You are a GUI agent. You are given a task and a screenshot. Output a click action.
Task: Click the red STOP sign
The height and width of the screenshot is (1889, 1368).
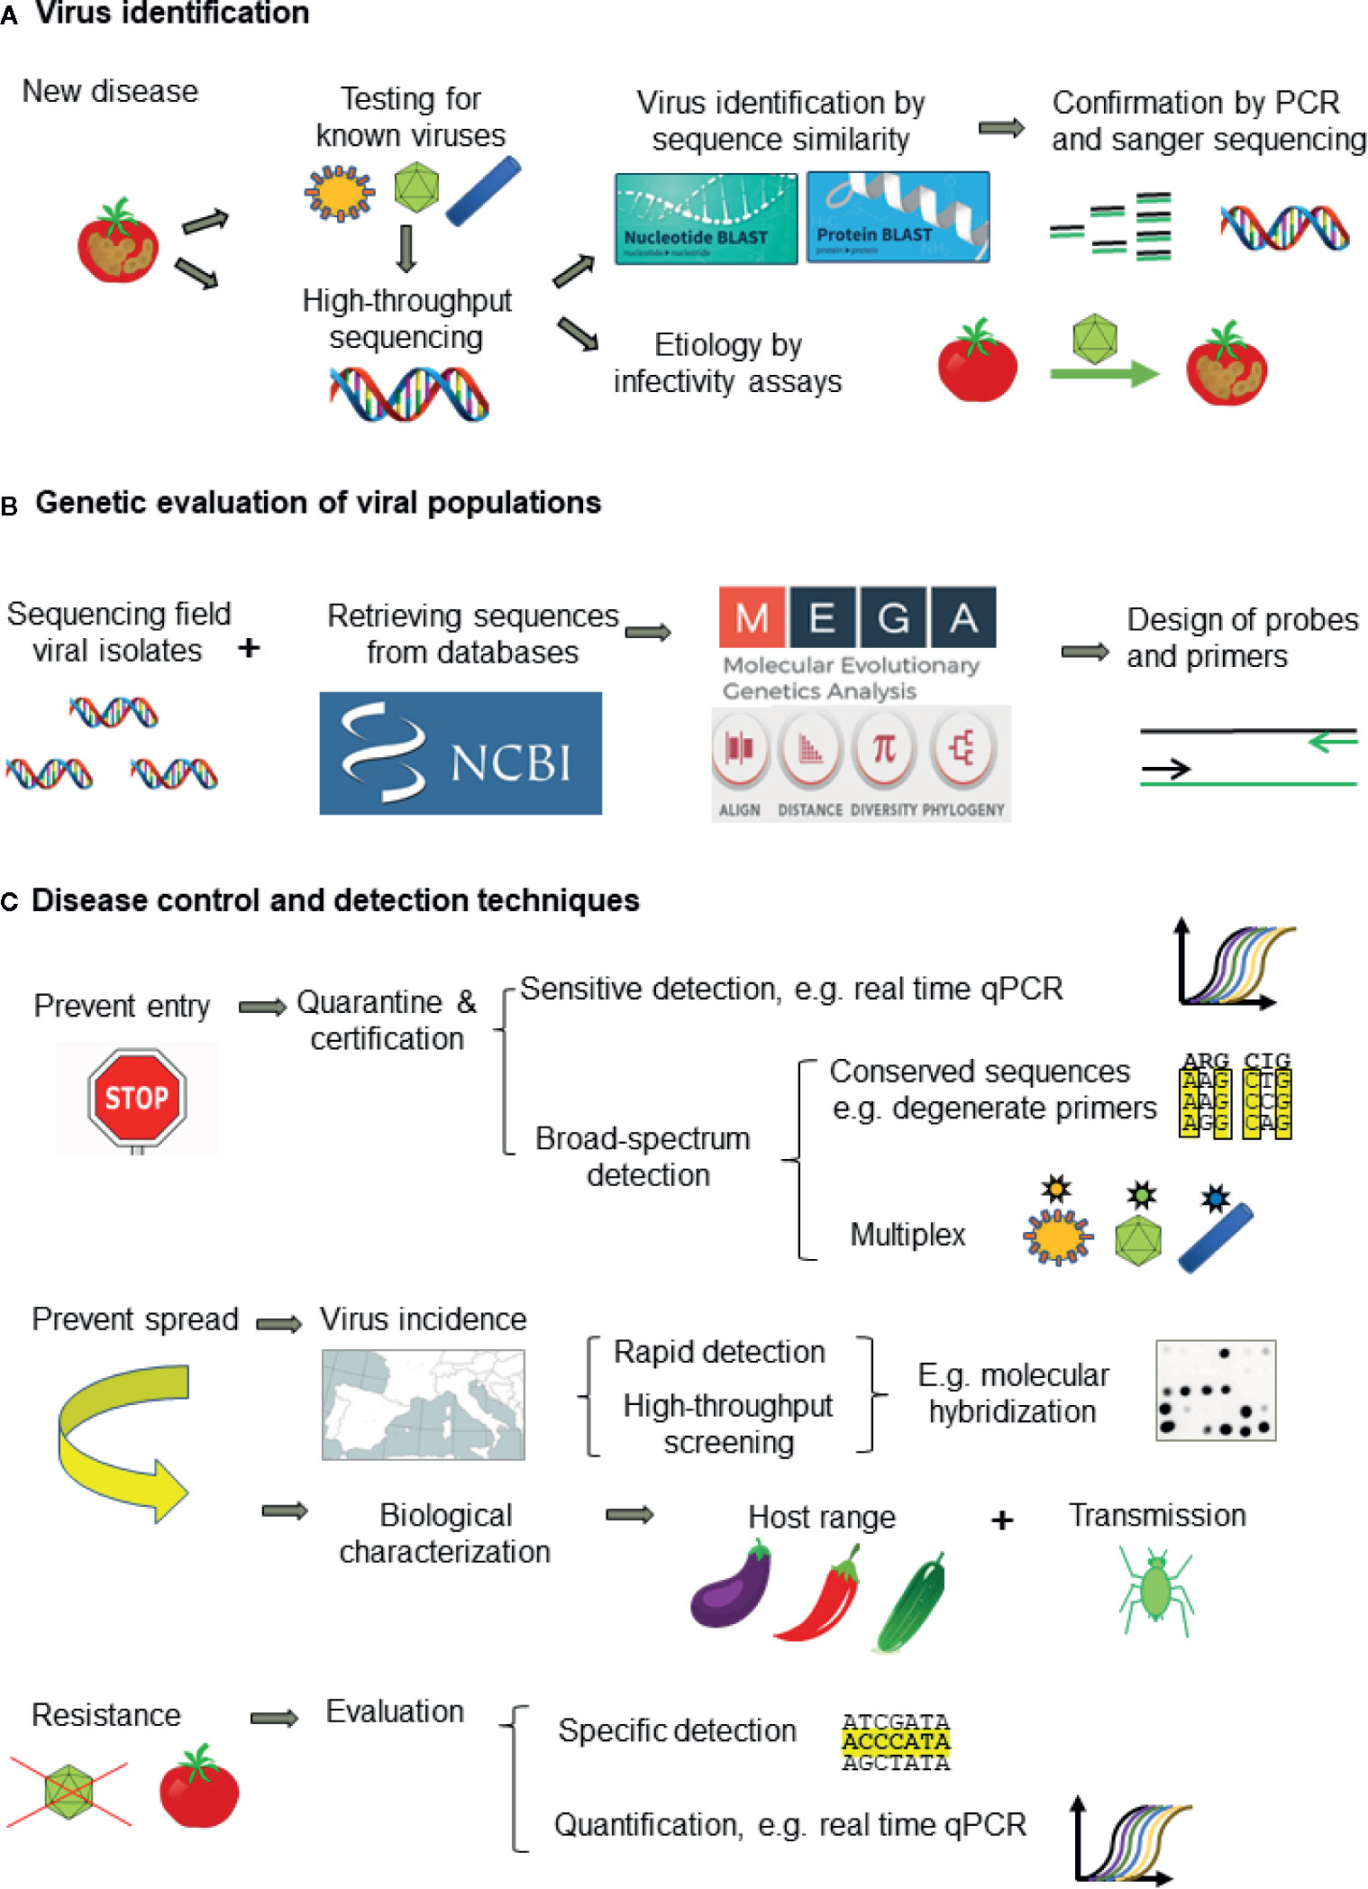click(137, 1097)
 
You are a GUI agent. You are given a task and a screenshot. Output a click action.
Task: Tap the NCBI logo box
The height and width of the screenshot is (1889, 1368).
click(461, 753)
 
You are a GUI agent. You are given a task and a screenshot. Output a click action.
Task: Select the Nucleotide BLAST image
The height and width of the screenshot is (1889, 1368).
click(706, 219)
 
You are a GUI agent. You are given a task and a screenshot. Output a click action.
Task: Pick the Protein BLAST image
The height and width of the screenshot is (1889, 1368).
click(898, 217)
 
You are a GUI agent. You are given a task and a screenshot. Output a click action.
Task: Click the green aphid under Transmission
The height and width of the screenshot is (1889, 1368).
click(1156, 1590)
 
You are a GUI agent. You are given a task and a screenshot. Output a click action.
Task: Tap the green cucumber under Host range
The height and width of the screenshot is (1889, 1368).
click(911, 1602)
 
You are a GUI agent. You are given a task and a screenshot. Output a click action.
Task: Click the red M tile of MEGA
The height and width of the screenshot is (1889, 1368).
click(752, 618)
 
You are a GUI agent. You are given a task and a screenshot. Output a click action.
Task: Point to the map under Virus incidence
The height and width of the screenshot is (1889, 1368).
click(423, 1404)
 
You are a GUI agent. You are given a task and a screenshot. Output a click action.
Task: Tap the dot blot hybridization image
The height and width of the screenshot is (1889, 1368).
click(1216, 1391)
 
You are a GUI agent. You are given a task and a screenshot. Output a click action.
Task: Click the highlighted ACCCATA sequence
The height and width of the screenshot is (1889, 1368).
click(896, 1741)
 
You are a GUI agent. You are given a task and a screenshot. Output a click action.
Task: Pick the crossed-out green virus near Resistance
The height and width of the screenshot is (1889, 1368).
click(69, 1793)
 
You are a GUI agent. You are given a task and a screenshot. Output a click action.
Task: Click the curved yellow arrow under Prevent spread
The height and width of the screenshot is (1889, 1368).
click(122, 1442)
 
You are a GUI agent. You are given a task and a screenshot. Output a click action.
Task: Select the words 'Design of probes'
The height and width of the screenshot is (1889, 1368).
click(1242, 620)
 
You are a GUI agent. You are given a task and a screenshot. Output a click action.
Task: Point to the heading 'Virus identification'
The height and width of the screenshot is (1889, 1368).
click(172, 13)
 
